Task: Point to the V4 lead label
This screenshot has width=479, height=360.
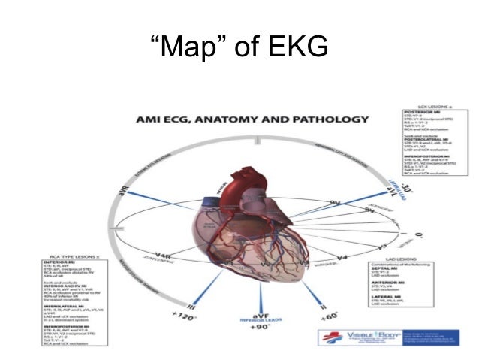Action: point(342,259)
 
